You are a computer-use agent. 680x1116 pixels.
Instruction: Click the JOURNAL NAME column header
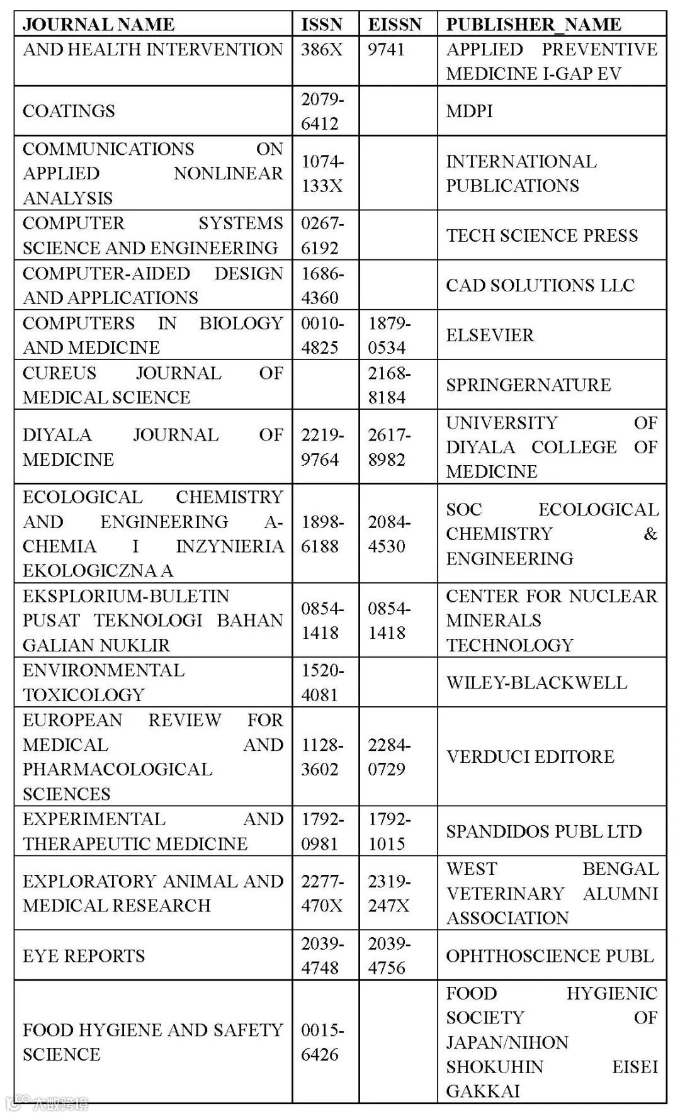[x=99, y=25]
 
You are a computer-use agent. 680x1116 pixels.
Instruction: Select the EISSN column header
[x=395, y=25]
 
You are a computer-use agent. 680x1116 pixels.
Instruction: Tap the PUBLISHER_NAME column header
[x=534, y=25]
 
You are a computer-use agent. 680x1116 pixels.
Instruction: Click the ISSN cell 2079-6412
[x=322, y=111]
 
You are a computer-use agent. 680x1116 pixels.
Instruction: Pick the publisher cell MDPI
[x=470, y=111]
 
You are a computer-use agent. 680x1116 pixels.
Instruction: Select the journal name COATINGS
[x=69, y=111]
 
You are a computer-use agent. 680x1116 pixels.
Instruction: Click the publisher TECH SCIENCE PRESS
[x=542, y=235]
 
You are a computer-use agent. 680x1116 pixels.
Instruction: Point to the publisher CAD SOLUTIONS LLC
[x=540, y=285]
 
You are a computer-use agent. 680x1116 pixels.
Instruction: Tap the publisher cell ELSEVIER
[x=490, y=335]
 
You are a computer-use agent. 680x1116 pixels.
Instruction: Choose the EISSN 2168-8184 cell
[x=389, y=385]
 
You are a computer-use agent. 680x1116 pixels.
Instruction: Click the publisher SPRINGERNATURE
[x=528, y=385]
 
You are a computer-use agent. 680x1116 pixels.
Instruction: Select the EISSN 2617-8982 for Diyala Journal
[x=389, y=447]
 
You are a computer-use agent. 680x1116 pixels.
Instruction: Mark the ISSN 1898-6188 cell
[x=322, y=534]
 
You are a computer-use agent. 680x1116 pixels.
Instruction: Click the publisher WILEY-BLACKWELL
[x=536, y=682]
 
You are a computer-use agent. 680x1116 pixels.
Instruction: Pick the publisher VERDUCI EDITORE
[x=530, y=757]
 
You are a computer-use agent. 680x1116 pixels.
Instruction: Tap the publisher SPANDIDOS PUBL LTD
[x=544, y=831]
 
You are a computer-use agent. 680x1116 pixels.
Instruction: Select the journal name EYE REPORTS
[x=84, y=955]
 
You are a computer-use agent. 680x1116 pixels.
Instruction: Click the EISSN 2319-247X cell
[x=389, y=893]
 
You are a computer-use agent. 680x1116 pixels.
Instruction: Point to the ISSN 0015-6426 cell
[x=322, y=1042]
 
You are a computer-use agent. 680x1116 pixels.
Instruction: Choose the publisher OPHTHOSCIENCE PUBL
[x=550, y=955]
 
